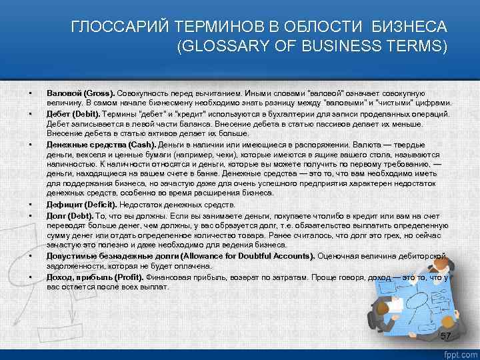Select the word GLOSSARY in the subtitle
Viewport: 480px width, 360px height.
point(223,47)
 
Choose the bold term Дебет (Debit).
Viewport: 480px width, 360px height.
point(72,114)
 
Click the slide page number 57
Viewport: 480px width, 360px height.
point(446,335)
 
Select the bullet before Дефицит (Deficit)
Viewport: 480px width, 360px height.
point(30,205)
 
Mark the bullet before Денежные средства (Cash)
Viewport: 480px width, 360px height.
point(30,145)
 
